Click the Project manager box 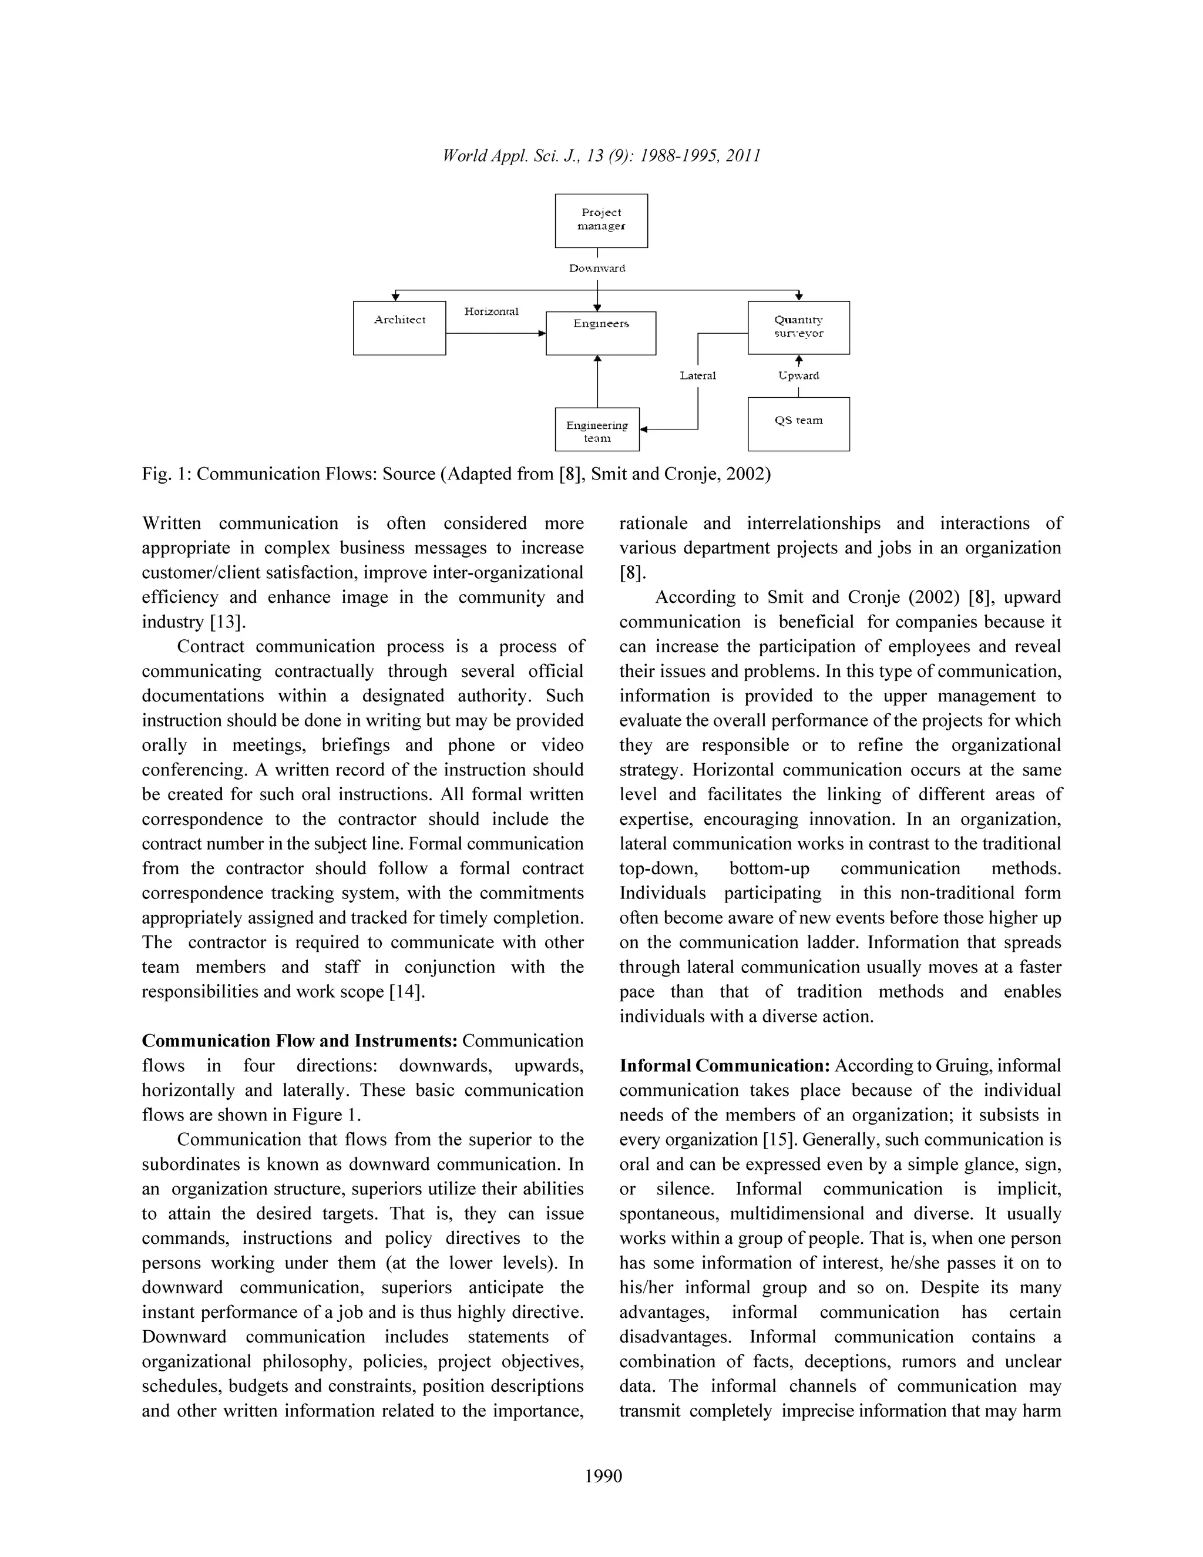pyautogui.click(x=601, y=220)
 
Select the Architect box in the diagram pyautogui.click(x=399, y=328)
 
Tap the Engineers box pyautogui.click(x=601, y=333)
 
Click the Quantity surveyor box pyautogui.click(x=798, y=327)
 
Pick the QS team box pyautogui.click(x=798, y=424)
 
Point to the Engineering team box pyautogui.click(x=597, y=429)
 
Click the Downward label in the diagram pyautogui.click(x=597, y=269)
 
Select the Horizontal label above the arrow pyautogui.click(x=491, y=311)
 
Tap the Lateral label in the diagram pyautogui.click(x=697, y=375)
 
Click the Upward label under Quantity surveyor pyautogui.click(x=798, y=375)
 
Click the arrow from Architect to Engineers pyautogui.click(x=495, y=333)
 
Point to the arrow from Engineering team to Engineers pyautogui.click(x=597, y=381)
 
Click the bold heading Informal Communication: pyautogui.click(x=724, y=1066)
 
